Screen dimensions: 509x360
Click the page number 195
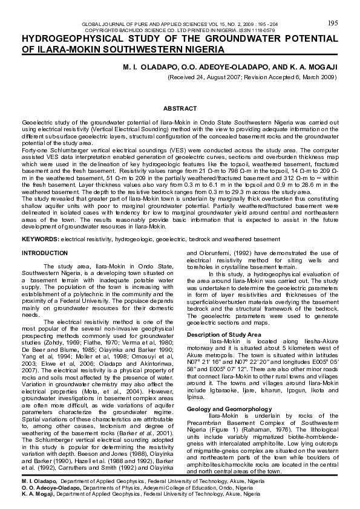(x=332, y=22)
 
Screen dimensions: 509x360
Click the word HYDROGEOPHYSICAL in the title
(x=75, y=37)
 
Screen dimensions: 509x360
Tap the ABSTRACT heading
(x=180, y=108)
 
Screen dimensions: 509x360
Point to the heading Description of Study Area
(x=224, y=334)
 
